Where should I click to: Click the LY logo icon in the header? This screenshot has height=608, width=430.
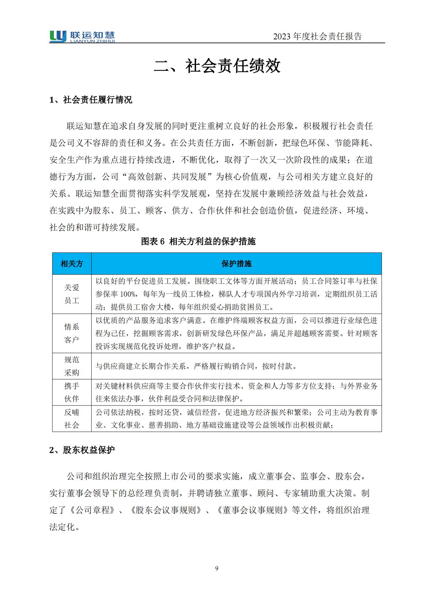[58, 36]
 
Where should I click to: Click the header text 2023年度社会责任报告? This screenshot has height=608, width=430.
[317, 37]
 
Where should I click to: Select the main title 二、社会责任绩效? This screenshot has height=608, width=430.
[217, 66]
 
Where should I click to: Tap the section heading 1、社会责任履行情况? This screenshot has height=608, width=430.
[91, 100]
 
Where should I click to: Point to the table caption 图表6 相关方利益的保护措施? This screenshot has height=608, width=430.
[198, 241]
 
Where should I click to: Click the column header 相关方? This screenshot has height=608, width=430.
[72, 264]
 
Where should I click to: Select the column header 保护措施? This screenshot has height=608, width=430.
[236, 264]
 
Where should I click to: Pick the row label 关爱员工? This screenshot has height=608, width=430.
[72, 294]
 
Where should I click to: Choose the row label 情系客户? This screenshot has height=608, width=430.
[72, 333]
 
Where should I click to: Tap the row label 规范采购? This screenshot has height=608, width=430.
[72, 366]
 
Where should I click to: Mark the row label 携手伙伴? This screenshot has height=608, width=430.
[72, 393]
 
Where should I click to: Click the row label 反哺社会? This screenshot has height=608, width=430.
[72, 419]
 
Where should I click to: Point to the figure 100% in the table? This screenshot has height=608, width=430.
[128, 294]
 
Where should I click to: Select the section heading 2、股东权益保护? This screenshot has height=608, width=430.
[82, 450]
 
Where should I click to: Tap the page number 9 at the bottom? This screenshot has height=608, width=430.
[217, 568]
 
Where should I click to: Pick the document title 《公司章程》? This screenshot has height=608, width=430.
[92, 510]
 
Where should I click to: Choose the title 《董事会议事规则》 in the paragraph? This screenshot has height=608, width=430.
[253, 510]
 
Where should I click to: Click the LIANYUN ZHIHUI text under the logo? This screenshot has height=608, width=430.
[93, 41]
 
